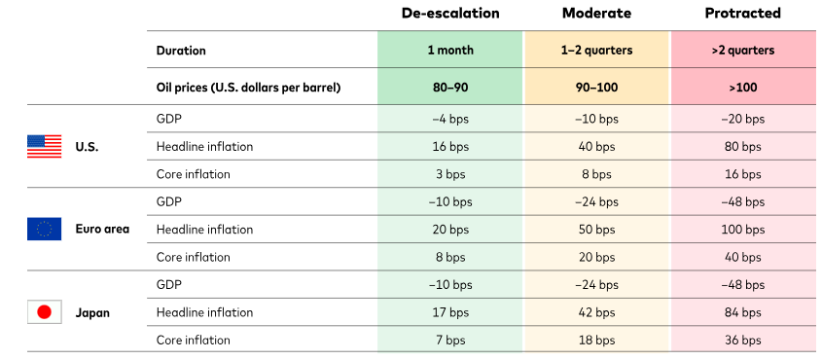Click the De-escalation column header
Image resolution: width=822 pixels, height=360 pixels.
(x=450, y=14)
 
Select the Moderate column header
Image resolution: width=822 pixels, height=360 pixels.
(x=596, y=14)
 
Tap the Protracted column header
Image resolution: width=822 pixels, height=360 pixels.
(x=743, y=14)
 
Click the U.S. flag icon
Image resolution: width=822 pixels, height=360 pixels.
(x=44, y=147)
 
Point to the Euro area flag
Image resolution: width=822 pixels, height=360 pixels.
(x=44, y=230)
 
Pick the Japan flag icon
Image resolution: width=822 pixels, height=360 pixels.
(x=44, y=312)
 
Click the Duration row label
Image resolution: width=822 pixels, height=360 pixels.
(x=181, y=51)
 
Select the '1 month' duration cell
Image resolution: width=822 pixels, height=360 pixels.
(x=450, y=51)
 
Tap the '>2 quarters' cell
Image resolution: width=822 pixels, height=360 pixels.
(x=743, y=51)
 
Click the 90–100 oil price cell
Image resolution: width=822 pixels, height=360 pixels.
(x=596, y=87)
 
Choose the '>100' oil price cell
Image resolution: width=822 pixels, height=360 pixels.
(x=743, y=87)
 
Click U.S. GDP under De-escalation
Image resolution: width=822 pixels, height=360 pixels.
(x=450, y=119)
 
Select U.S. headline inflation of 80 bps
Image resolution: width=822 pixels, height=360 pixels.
(x=743, y=147)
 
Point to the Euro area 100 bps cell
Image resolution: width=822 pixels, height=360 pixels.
(x=743, y=230)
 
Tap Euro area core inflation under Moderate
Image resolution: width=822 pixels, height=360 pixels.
(x=596, y=257)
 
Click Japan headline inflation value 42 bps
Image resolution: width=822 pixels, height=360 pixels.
(x=596, y=312)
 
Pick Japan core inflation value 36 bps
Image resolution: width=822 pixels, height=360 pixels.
(x=743, y=341)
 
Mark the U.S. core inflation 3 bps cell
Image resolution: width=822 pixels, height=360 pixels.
(x=450, y=174)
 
